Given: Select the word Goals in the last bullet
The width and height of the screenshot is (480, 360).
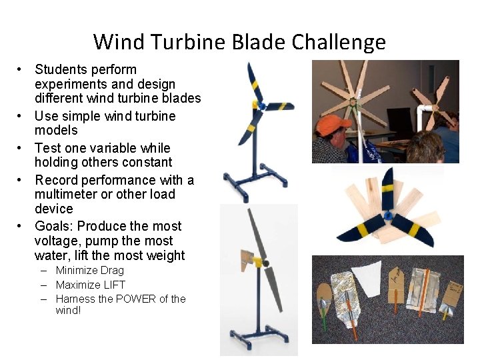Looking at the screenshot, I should click(x=52, y=227).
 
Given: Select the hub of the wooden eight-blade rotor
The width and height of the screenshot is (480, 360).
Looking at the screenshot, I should click(x=353, y=103).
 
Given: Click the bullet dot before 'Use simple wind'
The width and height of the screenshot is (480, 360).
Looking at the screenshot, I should click(x=21, y=117).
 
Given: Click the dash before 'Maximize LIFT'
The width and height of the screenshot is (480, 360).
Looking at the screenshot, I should click(x=43, y=285).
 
